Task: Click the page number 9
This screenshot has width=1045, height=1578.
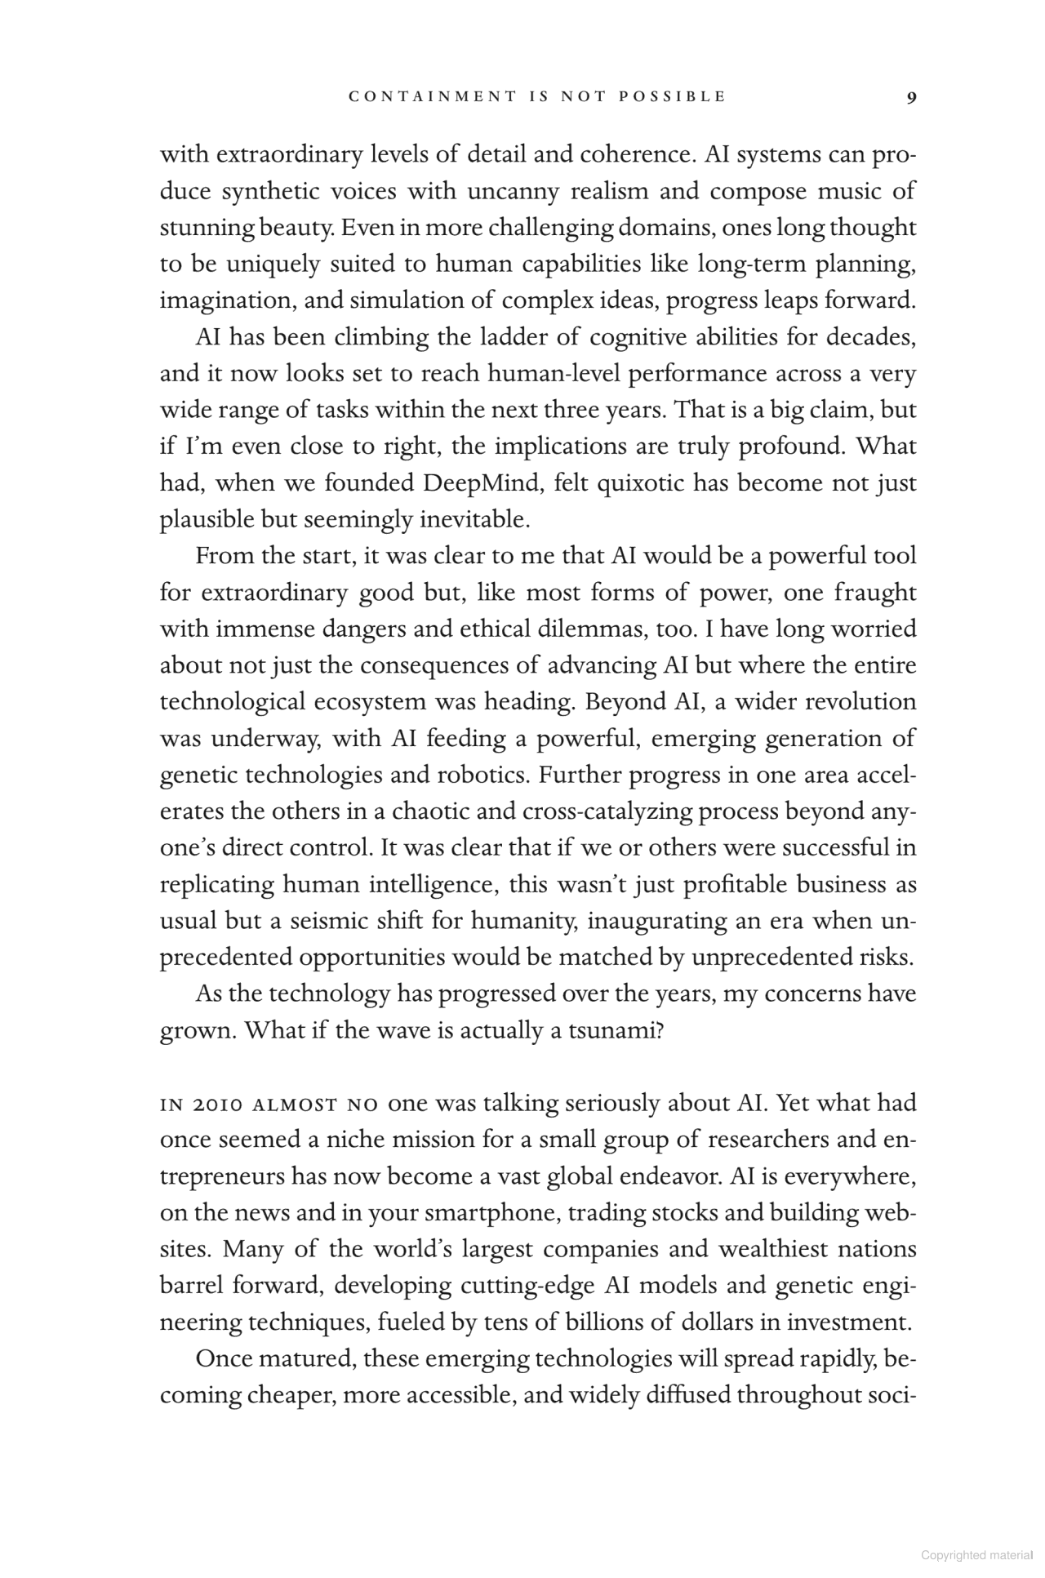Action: click(911, 96)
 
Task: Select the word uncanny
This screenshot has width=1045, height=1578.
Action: click(514, 192)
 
